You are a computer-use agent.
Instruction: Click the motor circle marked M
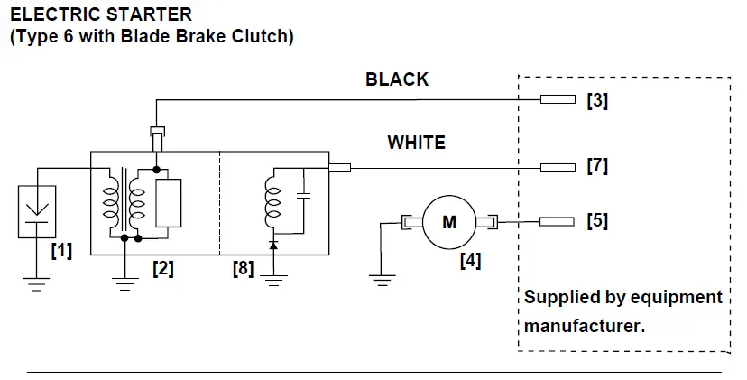(x=449, y=221)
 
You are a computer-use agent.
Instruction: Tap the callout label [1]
(x=61, y=250)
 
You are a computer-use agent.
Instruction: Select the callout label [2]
(x=162, y=268)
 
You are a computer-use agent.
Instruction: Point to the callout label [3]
(x=597, y=100)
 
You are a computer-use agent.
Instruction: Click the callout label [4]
(x=470, y=261)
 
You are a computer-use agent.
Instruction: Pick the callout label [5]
(x=597, y=221)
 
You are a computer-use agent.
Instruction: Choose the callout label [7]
(x=597, y=166)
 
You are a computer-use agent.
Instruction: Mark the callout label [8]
(x=243, y=268)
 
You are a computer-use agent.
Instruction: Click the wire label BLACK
(x=397, y=79)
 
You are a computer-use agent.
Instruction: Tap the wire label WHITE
(x=416, y=143)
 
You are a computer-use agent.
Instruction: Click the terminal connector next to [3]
(x=557, y=99)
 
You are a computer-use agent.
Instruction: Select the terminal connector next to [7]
(x=557, y=167)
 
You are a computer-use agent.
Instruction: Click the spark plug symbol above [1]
(x=37, y=212)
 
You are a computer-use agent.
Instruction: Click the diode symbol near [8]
(x=273, y=245)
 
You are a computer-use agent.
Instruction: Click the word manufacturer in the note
(x=585, y=325)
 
